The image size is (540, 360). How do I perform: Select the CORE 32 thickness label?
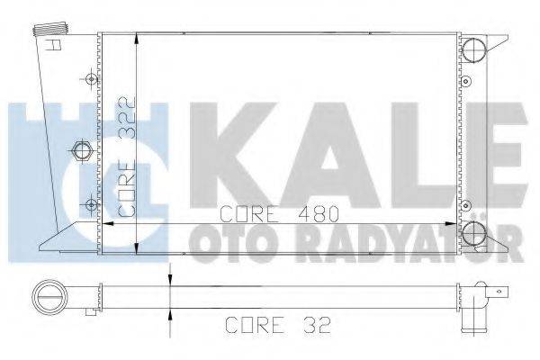(x=267, y=323)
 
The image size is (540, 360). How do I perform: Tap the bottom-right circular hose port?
(x=474, y=236)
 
